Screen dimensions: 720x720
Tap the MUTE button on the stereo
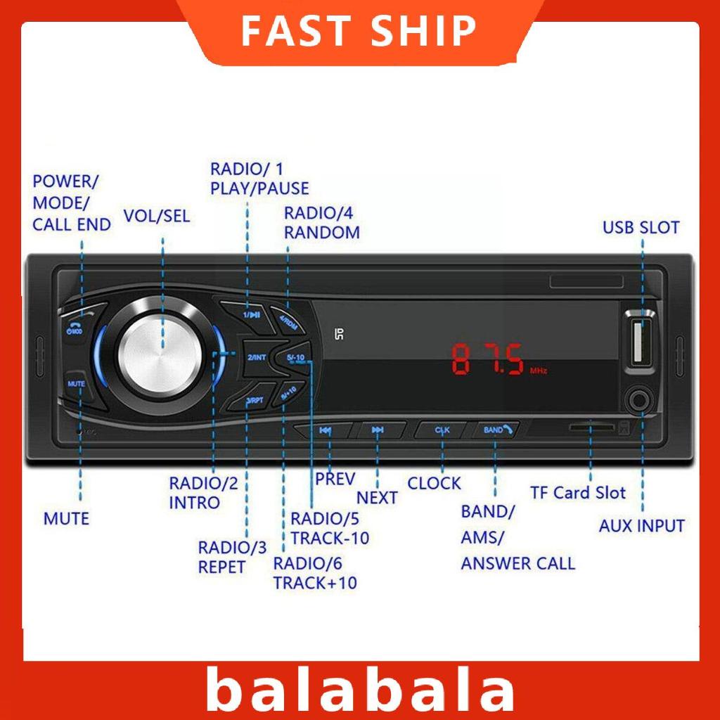point(76,385)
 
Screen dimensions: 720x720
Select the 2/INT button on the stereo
point(257,357)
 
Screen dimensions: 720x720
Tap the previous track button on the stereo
point(325,430)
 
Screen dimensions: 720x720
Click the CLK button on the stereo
point(442,430)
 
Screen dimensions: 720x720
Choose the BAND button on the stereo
point(496,430)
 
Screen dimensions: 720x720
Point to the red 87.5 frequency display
point(489,360)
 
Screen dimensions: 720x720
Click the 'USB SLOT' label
point(641,228)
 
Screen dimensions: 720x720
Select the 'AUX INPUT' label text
point(641,525)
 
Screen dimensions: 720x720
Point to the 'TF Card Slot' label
point(577,492)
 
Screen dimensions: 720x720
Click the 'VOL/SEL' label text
point(156,216)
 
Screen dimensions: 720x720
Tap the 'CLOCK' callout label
point(435,483)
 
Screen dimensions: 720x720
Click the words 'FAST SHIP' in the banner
point(359,31)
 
